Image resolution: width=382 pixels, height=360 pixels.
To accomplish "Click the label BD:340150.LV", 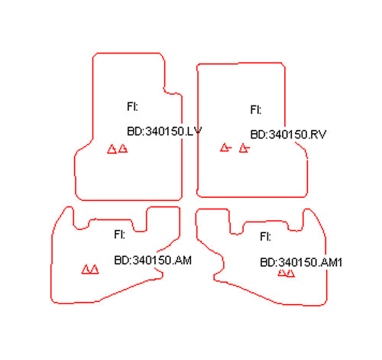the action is point(164,131).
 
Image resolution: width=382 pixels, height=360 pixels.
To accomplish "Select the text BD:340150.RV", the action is point(288,135).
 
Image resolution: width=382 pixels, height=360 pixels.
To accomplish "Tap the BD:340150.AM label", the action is point(153,260).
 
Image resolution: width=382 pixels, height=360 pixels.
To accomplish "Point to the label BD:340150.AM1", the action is point(301,262).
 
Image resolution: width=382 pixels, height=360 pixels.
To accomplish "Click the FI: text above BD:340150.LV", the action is point(132,106).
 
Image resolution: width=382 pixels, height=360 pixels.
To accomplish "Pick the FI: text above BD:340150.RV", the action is point(256,110).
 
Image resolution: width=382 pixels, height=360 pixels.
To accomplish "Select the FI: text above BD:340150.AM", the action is point(119,235).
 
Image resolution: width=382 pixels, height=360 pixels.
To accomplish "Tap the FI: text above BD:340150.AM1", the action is point(265,237).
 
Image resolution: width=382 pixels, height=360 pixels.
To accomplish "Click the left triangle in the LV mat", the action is point(112,149).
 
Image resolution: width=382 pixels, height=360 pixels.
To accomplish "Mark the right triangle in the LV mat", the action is point(123,148).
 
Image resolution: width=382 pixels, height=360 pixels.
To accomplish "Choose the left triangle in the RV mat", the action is point(225,148).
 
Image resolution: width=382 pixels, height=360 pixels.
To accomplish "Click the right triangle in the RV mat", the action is point(244,148).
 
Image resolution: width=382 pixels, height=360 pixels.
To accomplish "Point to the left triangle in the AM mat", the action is point(86,270).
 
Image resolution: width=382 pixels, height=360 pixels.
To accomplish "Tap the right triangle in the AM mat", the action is point(95,270).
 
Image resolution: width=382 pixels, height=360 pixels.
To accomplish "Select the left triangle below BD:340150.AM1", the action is point(282,273).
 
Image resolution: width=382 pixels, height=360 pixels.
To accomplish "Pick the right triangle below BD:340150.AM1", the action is point(290,273).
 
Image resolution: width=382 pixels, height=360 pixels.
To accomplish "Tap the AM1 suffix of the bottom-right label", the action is point(331,262).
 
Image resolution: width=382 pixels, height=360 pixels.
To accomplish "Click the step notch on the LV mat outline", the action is point(172,92).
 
